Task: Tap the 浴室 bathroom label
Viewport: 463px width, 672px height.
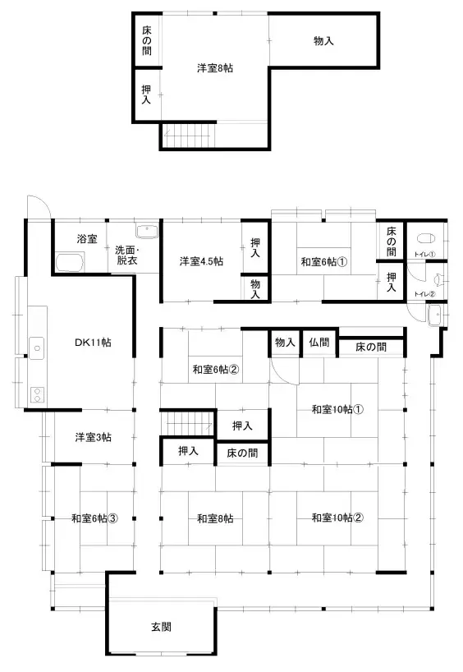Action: tap(87, 239)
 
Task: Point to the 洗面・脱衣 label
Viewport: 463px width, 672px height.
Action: tap(127, 255)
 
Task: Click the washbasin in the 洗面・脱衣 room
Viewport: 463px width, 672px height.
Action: tap(147, 229)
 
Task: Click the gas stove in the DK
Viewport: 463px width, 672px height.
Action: tap(36, 393)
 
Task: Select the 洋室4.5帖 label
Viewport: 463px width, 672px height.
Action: tap(202, 262)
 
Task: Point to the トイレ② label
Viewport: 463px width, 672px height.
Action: tap(424, 293)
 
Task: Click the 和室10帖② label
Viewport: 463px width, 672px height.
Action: tap(337, 518)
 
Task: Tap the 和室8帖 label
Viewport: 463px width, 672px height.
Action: tap(215, 518)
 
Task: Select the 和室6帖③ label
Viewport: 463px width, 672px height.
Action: tap(94, 518)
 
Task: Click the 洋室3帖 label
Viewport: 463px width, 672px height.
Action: tap(94, 437)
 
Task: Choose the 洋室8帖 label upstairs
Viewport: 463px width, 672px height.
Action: tap(215, 69)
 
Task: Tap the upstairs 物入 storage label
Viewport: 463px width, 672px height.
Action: tap(323, 40)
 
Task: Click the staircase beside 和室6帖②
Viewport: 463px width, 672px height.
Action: tap(186, 425)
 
